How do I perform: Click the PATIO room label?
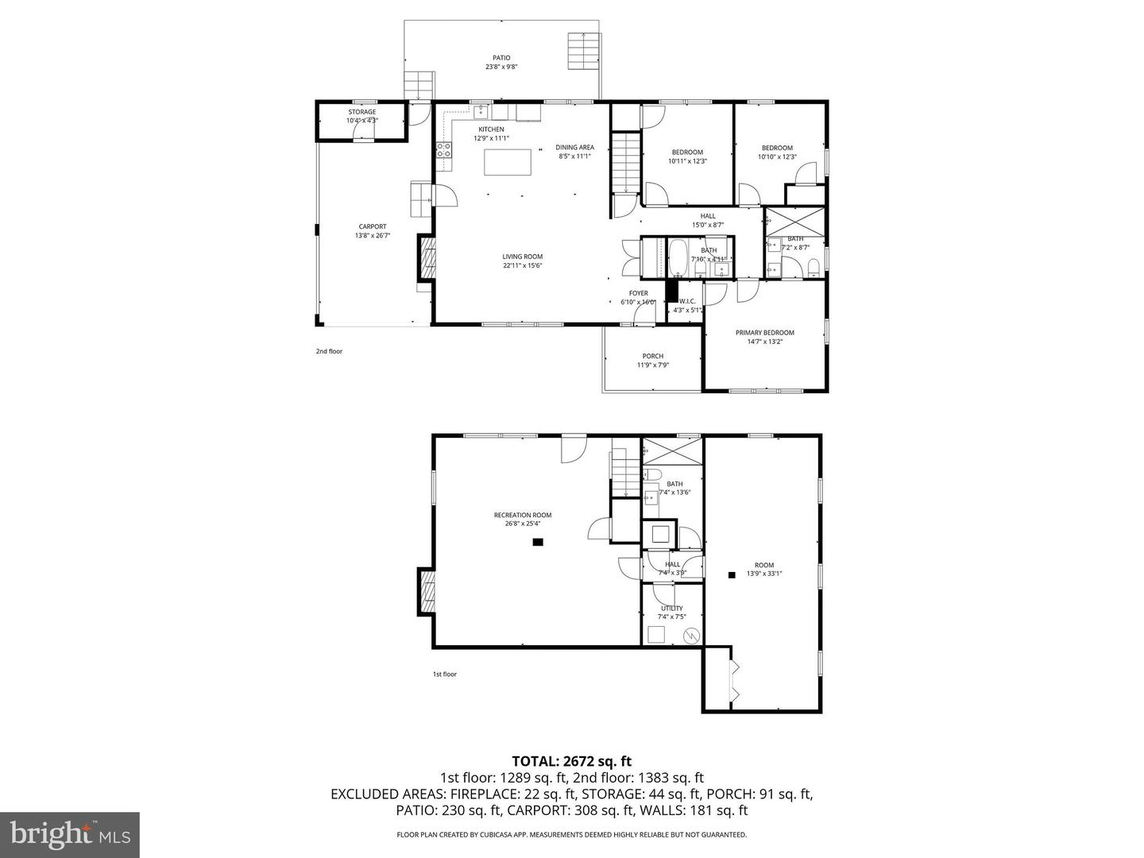click(x=501, y=58)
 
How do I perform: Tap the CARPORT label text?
click(x=372, y=226)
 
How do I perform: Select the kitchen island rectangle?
click(x=508, y=162)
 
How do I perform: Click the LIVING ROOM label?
click(x=522, y=257)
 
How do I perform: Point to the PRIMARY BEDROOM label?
click(x=764, y=333)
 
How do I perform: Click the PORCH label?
click(x=652, y=356)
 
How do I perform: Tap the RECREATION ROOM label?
click(x=522, y=515)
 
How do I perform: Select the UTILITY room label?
click(x=671, y=609)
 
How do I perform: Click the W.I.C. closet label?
click(x=686, y=301)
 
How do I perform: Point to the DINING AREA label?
click(x=574, y=147)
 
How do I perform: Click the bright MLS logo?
click(x=70, y=834)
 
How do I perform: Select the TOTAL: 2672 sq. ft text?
click(x=571, y=761)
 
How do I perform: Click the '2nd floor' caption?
click(x=329, y=351)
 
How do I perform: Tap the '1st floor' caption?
click(x=444, y=674)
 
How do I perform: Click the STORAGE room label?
click(x=361, y=112)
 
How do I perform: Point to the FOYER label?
click(x=638, y=293)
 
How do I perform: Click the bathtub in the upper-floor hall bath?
click(x=679, y=258)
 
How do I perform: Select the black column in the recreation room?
click(x=538, y=543)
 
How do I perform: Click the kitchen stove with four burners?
click(x=443, y=151)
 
